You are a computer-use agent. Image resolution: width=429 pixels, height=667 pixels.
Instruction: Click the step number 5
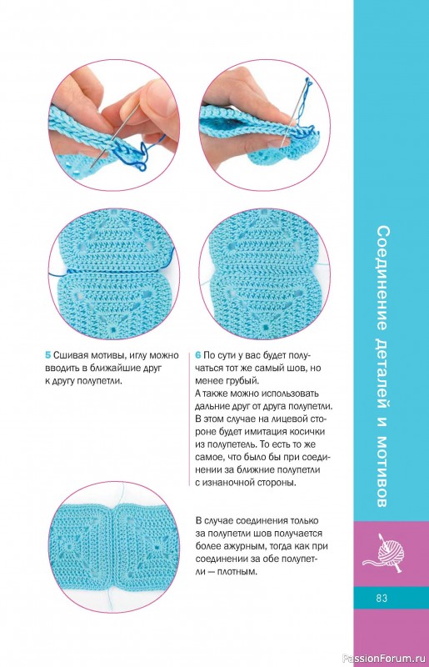(x=48, y=355)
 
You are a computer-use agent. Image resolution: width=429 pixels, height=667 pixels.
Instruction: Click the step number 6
(x=198, y=355)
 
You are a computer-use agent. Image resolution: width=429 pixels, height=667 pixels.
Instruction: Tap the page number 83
(x=382, y=598)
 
